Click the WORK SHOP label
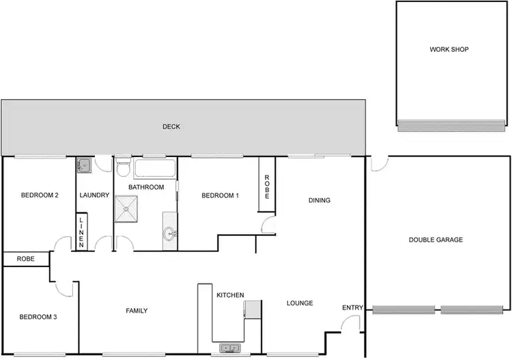(449, 49)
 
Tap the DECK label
(171, 126)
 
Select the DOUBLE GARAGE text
(436, 240)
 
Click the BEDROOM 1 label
(221, 196)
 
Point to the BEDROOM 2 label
(40, 195)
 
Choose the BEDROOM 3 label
(38, 316)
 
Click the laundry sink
(83, 165)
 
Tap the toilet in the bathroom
(122, 167)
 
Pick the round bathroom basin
(169, 234)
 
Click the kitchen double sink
(229, 348)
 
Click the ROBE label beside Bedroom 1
(267, 186)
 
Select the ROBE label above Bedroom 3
(26, 260)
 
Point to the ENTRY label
(352, 308)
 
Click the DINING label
(319, 201)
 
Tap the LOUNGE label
(300, 303)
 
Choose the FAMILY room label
(137, 311)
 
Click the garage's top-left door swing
(380, 164)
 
